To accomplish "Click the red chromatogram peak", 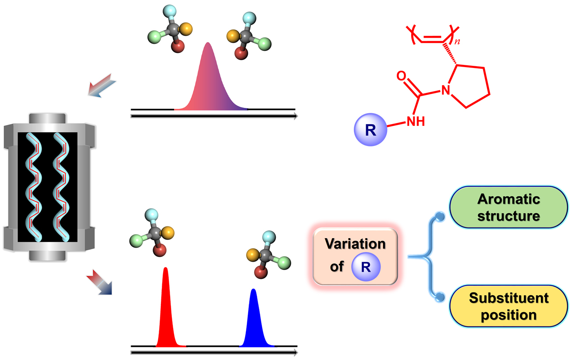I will click(x=166, y=311).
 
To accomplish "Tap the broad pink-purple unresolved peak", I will click(x=209, y=83).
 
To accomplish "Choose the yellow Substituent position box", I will click(x=509, y=306).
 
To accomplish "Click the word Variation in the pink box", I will click(x=355, y=244).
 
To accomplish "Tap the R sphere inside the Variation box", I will click(x=366, y=267).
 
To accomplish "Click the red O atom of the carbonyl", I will click(x=401, y=77).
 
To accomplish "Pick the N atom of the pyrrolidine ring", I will click(x=446, y=90).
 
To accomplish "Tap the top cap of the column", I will click(x=47, y=119).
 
